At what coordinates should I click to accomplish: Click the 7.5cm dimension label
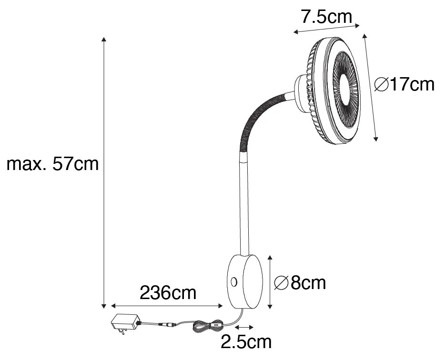(x=326, y=17)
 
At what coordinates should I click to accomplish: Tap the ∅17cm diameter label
(x=404, y=84)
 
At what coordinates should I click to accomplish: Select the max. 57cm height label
(x=52, y=164)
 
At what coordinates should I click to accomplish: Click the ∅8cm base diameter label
(x=300, y=283)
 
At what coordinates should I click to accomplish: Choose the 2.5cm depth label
(x=246, y=342)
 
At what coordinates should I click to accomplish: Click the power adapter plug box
(x=125, y=321)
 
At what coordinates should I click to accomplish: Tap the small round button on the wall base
(x=234, y=282)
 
